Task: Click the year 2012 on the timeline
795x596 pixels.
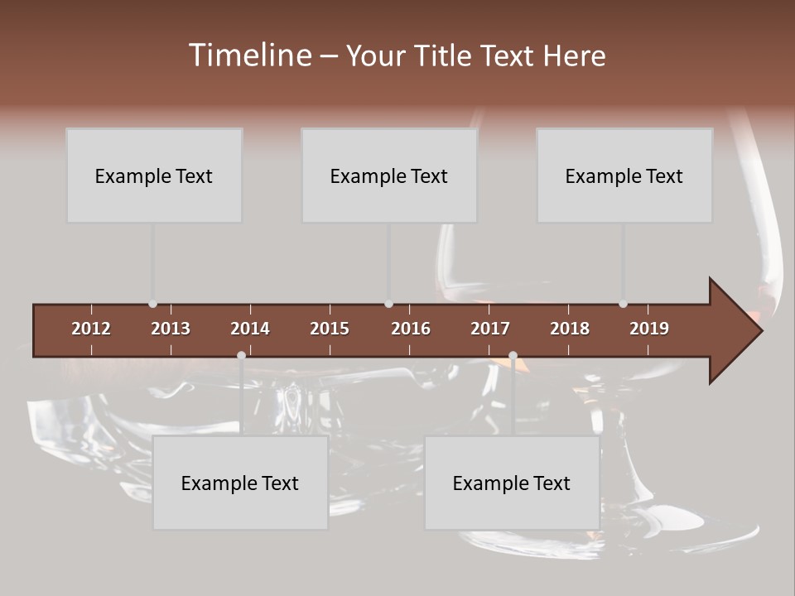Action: [x=91, y=329]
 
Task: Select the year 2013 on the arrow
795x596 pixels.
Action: [x=171, y=329]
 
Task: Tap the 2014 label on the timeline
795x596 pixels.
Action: [x=250, y=329]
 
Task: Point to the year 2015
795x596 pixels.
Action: [x=330, y=329]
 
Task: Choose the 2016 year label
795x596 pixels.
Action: [x=411, y=329]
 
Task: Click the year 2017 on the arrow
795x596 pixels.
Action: [x=490, y=329]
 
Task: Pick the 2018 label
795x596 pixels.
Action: [x=570, y=329]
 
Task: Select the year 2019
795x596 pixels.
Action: [x=649, y=329]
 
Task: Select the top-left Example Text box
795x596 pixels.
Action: [x=154, y=175]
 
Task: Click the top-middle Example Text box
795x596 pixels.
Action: [x=389, y=175]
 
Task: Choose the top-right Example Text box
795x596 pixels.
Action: [x=624, y=175]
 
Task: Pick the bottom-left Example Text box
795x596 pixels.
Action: [x=240, y=483]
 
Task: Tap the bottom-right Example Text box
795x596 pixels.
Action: [x=512, y=483]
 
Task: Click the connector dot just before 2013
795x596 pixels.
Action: [x=152, y=304]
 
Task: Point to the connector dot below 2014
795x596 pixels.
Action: [x=241, y=355]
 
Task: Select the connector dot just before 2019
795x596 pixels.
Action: [x=623, y=304]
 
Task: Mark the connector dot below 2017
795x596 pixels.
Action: [x=513, y=355]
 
